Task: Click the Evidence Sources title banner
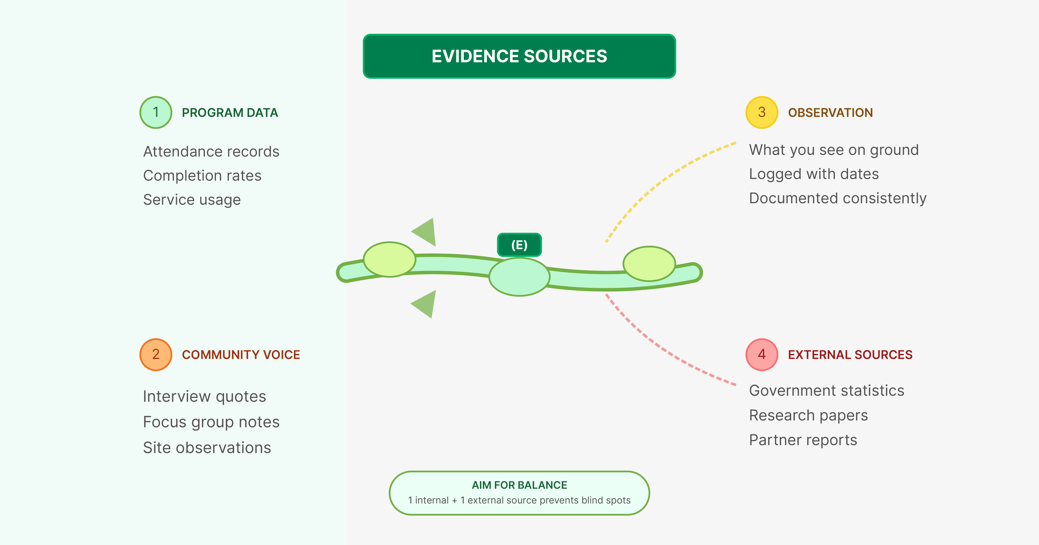coord(519,56)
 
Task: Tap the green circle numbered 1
coord(156,113)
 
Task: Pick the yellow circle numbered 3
coord(762,113)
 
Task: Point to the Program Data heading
coord(230,113)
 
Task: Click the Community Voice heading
coord(241,355)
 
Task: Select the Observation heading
coord(830,113)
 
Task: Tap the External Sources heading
coord(850,355)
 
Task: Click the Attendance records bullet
coord(211,152)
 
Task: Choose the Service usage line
coord(192,200)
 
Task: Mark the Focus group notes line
coord(211,422)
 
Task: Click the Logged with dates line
coord(814,174)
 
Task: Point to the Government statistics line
coord(826,391)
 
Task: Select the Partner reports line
coord(803,440)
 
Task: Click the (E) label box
coord(519,245)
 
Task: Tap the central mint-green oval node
coord(519,277)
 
